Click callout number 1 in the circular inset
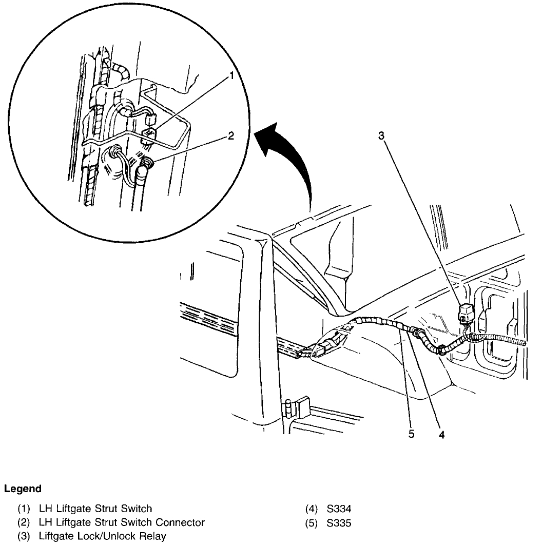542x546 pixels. click(x=231, y=76)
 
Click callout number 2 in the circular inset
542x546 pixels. click(x=231, y=136)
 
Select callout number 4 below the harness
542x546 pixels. click(x=442, y=434)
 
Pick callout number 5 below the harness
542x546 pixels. click(x=411, y=434)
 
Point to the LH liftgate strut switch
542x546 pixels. click(x=148, y=134)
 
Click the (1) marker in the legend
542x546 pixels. click(x=24, y=509)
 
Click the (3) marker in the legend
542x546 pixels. click(x=24, y=537)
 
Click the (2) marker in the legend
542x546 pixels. click(x=24, y=523)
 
